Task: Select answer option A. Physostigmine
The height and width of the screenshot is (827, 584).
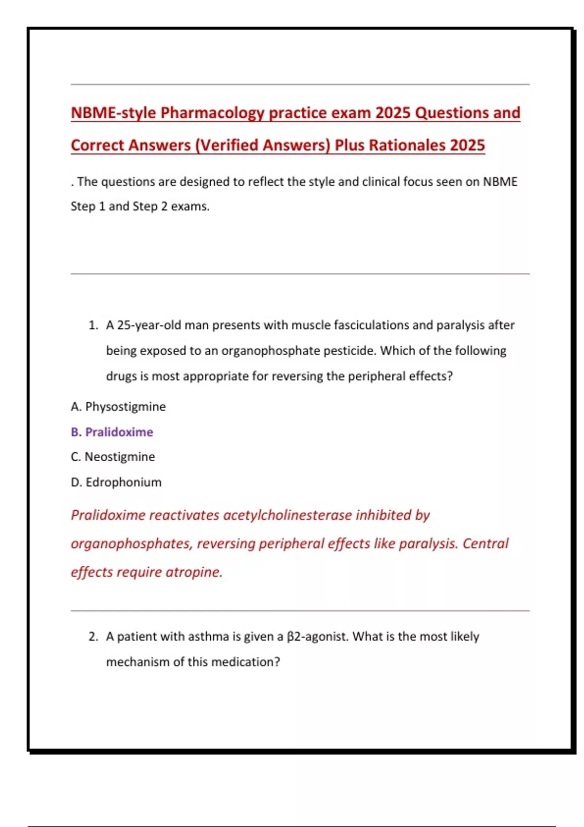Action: (118, 407)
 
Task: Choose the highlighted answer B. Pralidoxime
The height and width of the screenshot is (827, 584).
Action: (112, 432)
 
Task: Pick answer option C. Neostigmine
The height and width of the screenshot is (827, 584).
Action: (113, 457)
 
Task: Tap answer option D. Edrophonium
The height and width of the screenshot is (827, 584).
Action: (116, 482)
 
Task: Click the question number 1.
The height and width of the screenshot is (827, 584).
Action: (93, 325)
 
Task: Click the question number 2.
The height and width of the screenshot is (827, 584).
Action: (93, 636)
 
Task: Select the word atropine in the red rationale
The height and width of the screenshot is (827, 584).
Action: (194, 572)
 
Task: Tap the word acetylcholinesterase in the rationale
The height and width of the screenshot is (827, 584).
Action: (287, 515)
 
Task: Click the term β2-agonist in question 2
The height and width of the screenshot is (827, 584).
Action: (317, 636)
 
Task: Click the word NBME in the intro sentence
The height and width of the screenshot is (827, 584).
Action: (500, 182)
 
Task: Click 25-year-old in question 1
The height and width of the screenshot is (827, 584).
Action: (149, 325)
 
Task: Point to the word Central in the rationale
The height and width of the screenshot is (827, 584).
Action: (485, 543)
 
